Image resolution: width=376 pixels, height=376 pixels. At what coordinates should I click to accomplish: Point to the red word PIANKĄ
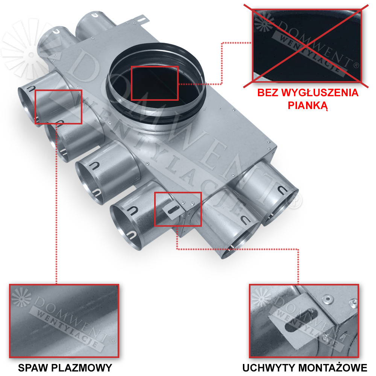pyautogui.click(x=308, y=105)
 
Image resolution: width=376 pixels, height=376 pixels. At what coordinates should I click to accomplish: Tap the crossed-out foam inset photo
pyautogui.click(x=307, y=46)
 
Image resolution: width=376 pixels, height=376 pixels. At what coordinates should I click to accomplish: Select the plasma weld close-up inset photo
pyautogui.click(x=64, y=321)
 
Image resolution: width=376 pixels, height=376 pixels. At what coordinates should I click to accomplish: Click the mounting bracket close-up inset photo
pyautogui.click(x=304, y=321)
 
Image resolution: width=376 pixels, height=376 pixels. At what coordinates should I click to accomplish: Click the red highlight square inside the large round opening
pyautogui.click(x=155, y=83)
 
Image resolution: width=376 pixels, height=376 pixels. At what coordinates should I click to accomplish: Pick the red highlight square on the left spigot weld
pyautogui.click(x=59, y=107)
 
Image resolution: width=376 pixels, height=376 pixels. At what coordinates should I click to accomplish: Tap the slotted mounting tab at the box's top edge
pyautogui.click(x=142, y=20)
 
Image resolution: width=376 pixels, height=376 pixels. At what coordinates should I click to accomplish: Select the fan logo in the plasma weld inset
pyautogui.click(x=21, y=297)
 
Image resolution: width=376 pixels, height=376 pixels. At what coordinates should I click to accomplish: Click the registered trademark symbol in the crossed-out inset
pyautogui.click(x=356, y=65)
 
